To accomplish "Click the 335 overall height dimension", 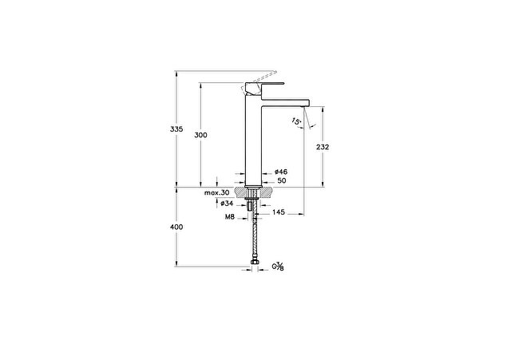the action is (x=176, y=129).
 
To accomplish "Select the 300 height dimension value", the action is (x=200, y=135).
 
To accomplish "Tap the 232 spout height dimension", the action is (x=323, y=147).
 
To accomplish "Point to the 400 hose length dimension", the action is (x=176, y=227).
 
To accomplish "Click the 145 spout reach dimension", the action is (x=279, y=212).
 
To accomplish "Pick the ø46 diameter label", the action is (x=281, y=172).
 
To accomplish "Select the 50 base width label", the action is (x=282, y=180).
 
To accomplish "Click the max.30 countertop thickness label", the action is (x=216, y=192).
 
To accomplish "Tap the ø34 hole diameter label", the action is (x=227, y=204).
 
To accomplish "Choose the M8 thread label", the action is (x=230, y=216).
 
